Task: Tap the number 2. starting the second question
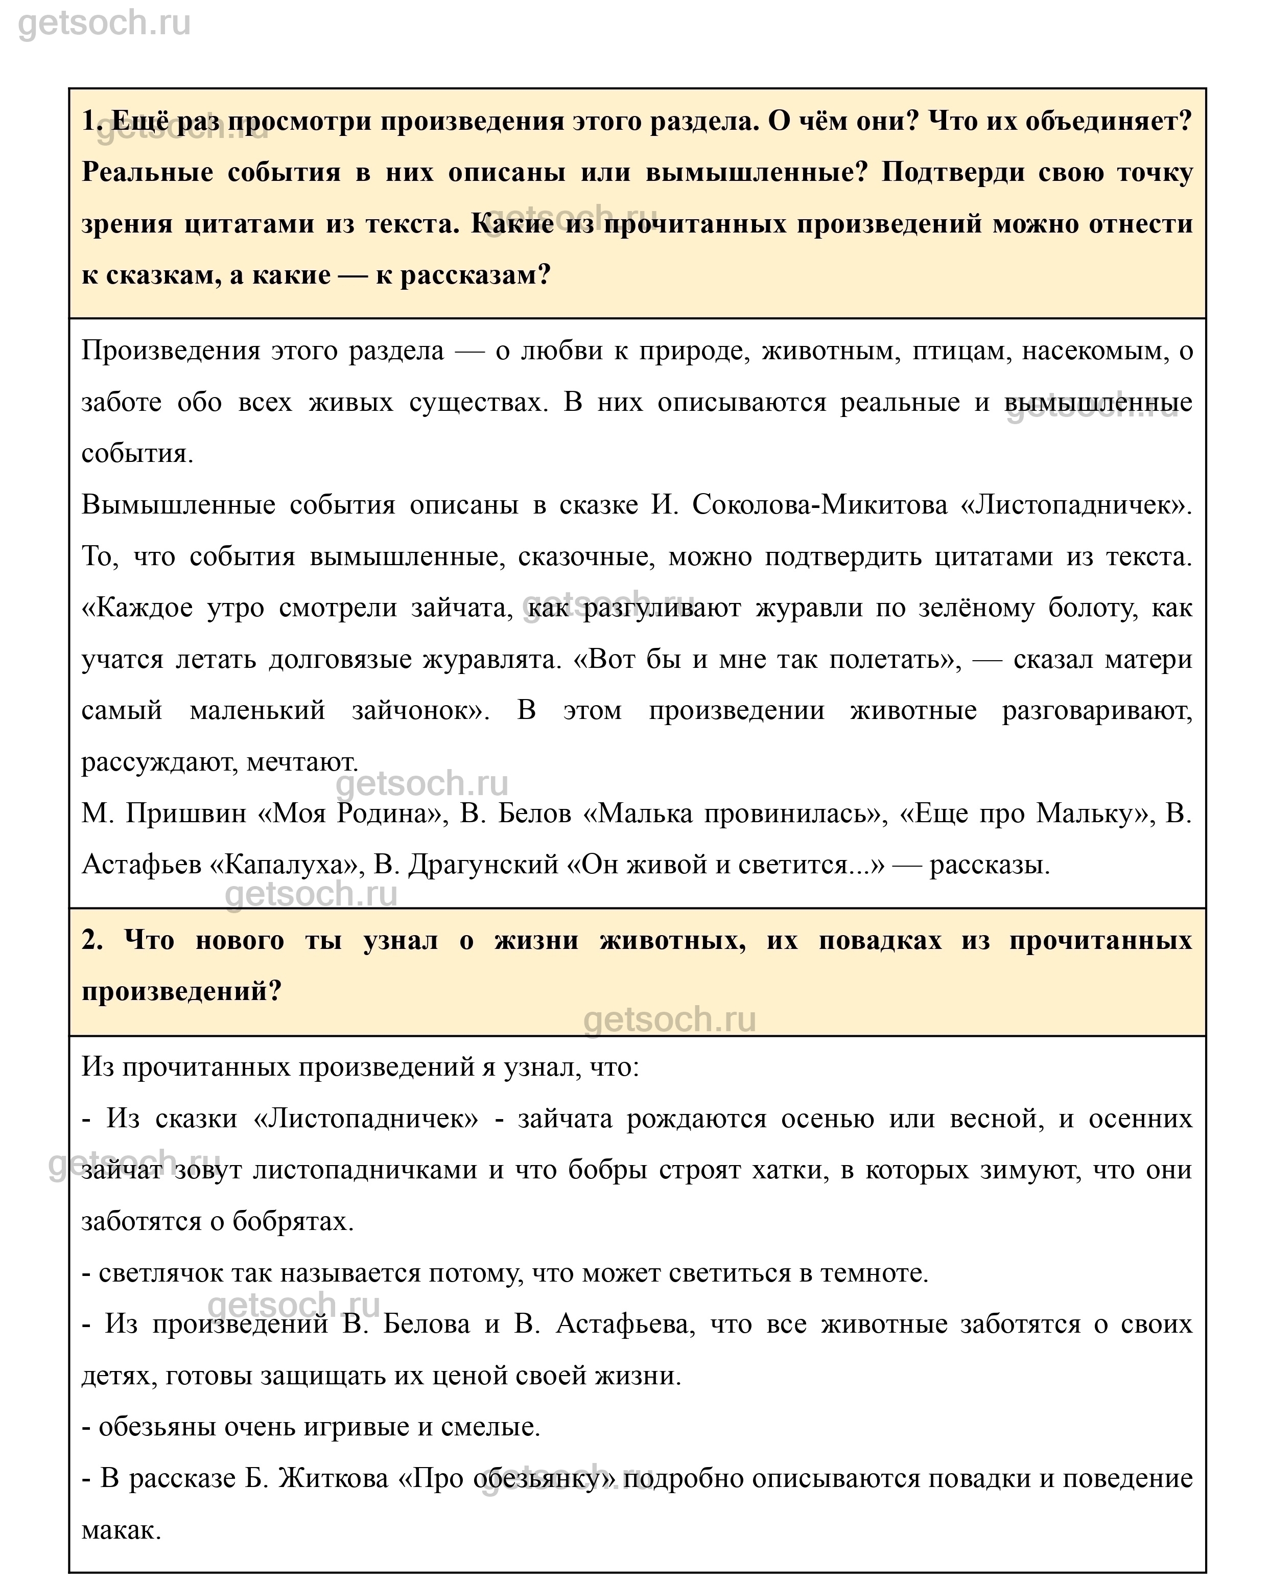pos(93,940)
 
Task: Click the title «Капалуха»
pos(287,865)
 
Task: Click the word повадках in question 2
pos(879,940)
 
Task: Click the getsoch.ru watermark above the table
pos(104,24)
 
